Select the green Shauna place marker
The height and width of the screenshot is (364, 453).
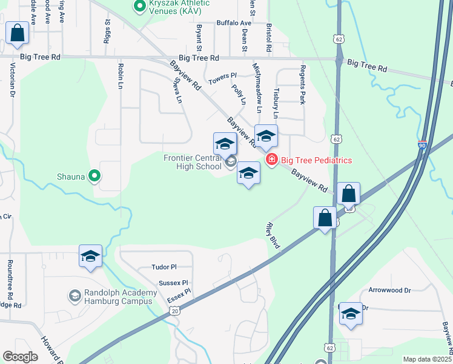point(94,176)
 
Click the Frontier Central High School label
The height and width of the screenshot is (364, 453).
point(193,162)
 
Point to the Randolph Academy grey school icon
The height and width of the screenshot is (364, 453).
point(75,295)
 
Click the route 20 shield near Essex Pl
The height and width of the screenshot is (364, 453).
point(174,311)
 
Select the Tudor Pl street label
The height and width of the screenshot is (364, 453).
point(164,267)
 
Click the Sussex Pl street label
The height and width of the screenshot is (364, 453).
point(173,283)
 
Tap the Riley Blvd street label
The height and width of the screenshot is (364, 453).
point(272,235)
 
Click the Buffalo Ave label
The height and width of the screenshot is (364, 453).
point(234,23)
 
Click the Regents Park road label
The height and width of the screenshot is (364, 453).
point(303,84)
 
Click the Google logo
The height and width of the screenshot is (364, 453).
point(21,357)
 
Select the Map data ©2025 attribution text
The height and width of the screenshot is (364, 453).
point(426,359)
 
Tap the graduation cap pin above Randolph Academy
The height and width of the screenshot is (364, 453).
point(90,257)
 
